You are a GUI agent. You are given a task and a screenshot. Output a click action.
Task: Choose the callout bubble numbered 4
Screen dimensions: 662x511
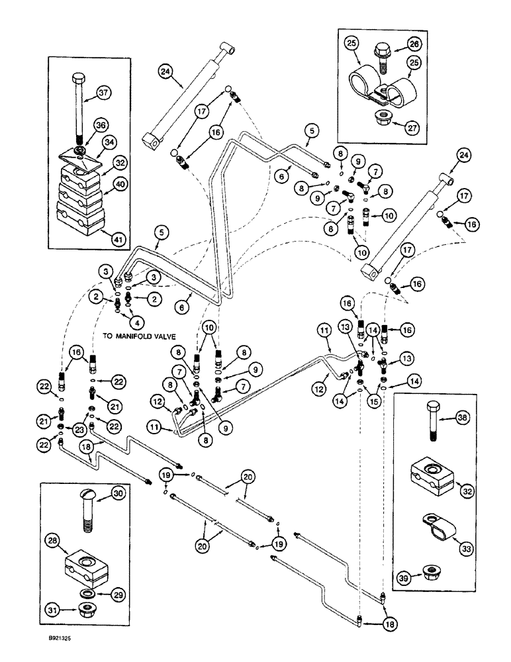point(136,323)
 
